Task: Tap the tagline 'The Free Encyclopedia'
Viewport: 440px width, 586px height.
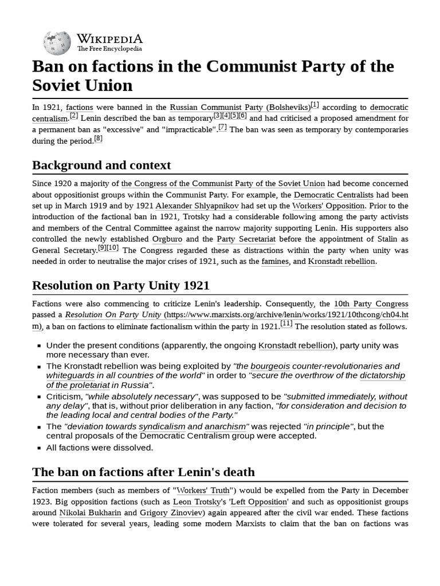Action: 109,49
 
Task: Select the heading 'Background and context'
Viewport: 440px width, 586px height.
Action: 101,165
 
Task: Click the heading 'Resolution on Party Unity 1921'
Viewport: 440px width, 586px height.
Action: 121,286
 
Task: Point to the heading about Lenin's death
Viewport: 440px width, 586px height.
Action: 143,472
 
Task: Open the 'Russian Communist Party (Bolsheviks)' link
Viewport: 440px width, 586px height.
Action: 239,107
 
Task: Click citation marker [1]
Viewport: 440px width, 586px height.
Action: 315,105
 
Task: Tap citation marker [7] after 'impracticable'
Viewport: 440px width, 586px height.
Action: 222,128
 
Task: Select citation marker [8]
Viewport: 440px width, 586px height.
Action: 98,139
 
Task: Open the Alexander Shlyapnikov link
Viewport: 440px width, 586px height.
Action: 189,206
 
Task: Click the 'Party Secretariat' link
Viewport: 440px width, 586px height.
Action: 246,239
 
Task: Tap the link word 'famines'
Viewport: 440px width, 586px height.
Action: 274,262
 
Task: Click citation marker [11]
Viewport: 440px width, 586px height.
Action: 286,324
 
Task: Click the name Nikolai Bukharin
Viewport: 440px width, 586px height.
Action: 89,513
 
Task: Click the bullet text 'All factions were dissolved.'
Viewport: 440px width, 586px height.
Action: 100,448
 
